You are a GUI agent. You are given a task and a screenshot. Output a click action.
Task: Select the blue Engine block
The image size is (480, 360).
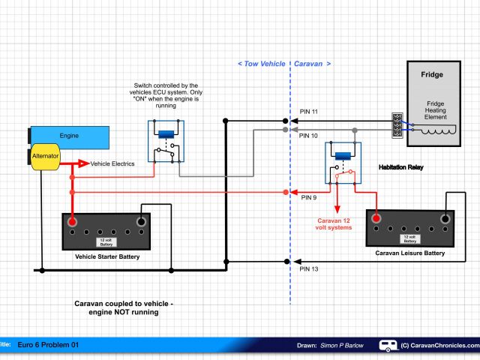point(70,136)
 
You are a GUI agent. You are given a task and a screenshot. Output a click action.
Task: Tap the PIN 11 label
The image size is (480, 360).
point(309,112)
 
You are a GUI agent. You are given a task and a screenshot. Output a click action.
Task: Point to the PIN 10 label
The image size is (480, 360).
point(309,136)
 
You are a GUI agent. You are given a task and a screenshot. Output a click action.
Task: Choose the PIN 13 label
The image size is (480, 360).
point(309,268)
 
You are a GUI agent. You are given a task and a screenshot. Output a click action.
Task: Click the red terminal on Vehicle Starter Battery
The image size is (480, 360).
point(73,222)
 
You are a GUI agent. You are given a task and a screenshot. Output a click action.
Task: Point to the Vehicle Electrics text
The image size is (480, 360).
point(112,163)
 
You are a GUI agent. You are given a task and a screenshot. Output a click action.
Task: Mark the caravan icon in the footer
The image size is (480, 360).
point(388,346)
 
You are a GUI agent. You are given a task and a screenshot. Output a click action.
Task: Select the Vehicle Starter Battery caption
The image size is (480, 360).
point(107,256)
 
